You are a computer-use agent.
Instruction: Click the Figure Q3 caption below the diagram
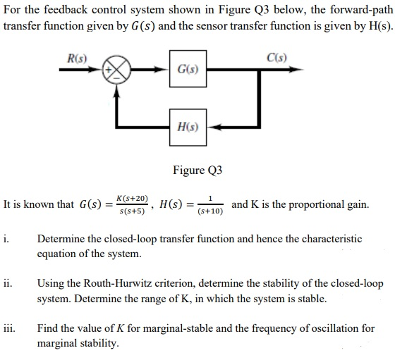click(197, 170)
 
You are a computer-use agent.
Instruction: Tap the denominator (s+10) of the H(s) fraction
click(210, 211)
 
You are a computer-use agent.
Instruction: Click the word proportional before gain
click(316, 205)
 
